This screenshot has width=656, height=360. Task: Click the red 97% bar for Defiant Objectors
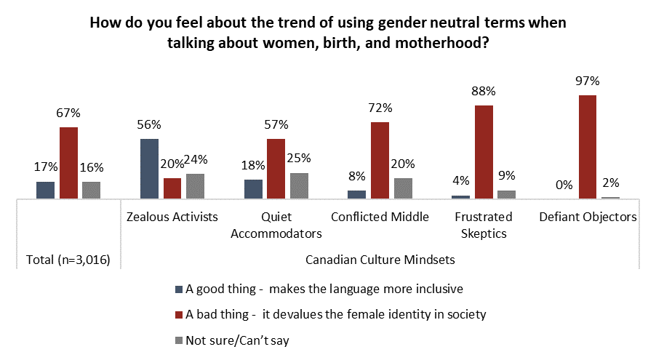point(588,147)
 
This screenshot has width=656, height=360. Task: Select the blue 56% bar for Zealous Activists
point(149,169)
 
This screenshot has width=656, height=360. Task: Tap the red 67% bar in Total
point(68,163)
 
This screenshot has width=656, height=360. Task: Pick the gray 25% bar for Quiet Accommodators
point(299,185)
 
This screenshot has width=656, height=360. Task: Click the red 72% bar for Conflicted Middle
point(380,160)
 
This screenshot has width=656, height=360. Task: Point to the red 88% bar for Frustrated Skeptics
point(484,151)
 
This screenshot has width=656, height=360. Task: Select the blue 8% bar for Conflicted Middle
point(356,194)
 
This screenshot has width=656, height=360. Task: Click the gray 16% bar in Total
point(91,190)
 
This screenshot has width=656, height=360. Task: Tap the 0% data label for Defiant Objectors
point(564,185)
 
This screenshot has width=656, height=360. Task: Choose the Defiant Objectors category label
point(588,217)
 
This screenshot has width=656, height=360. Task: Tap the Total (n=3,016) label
point(68,260)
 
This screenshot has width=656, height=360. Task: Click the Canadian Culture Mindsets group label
point(380,260)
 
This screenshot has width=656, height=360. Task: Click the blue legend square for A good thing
point(179,289)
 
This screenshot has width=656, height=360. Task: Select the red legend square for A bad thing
point(179,314)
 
